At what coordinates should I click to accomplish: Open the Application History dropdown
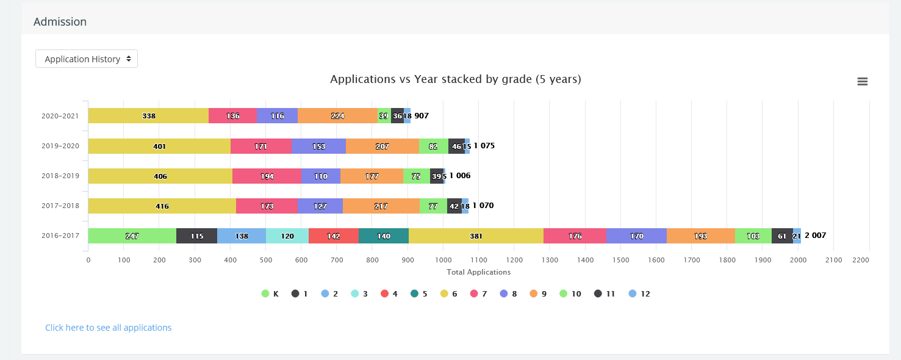tap(87, 59)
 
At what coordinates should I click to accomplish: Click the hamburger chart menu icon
tap(863, 82)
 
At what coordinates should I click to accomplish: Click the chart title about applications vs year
tap(455, 79)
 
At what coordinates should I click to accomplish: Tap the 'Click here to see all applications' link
tap(108, 328)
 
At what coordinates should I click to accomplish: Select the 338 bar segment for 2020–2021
tap(148, 116)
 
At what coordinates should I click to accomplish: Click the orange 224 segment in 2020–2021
tap(337, 116)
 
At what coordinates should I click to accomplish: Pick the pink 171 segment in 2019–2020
tap(260, 146)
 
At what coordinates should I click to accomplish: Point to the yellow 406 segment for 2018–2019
tap(160, 176)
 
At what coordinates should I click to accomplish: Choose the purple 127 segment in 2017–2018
tap(320, 206)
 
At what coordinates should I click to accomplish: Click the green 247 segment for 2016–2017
tap(132, 236)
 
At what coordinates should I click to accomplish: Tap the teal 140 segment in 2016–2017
tap(383, 236)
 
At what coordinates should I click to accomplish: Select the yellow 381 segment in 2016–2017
tap(476, 236)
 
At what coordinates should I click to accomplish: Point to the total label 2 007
tap(815, 236)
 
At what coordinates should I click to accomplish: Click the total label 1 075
tap(484, 146)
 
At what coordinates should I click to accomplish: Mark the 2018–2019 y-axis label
tap(60, 176)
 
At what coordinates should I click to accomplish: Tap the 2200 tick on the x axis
tap(861, 260)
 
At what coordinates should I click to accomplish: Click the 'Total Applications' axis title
tap(478, 272)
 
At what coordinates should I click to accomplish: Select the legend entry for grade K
tap(270, 294)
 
